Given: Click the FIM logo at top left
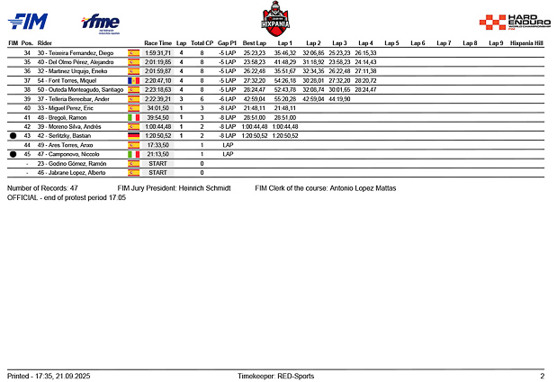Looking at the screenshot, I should (x=30, y=20).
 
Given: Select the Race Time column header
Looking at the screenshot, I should (x=157, y=43).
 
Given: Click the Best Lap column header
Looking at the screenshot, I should (x=255, y=43).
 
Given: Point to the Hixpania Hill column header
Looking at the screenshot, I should (x=526, y=43).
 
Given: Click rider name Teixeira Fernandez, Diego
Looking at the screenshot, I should (x=87, y=54).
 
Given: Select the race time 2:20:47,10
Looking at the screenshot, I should (x=157, y=81).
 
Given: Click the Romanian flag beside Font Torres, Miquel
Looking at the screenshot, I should (x=133, y=81).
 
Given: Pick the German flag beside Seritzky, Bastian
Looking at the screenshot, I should (x=133, y=136).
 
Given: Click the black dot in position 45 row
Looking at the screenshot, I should (x=13, y=154).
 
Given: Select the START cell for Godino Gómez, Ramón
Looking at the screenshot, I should (x=157, y=163).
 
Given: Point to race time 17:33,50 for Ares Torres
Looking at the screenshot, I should (x=157, y=145).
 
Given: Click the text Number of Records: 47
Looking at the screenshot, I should (x=49, y=188).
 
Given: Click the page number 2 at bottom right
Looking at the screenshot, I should (x=542, y=375).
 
